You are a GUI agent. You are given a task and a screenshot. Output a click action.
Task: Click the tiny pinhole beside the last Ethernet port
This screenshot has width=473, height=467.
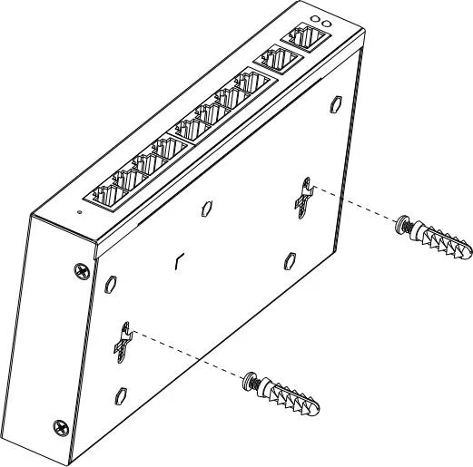[x=79, y=212]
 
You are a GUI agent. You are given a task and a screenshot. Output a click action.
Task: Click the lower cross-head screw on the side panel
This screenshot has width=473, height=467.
[x=61, y=425]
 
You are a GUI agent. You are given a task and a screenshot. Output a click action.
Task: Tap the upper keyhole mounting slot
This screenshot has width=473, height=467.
[x=302, y=194]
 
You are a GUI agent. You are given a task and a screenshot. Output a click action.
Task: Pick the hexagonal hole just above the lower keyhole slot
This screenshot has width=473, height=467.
[x=111, y=282]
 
